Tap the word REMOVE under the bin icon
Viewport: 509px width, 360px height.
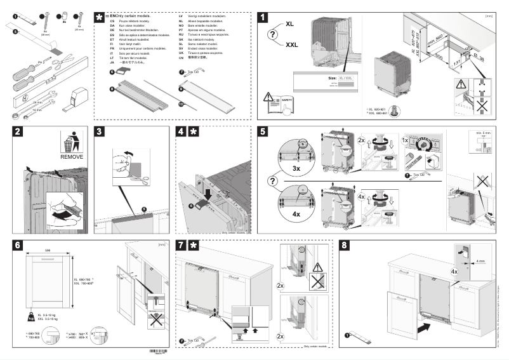[x=72, y=156]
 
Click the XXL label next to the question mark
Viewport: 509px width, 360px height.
[x=291, y=45]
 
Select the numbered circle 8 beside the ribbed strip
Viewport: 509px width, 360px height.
[x=112, y=91]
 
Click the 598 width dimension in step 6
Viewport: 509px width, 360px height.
[x=47, y=250]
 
